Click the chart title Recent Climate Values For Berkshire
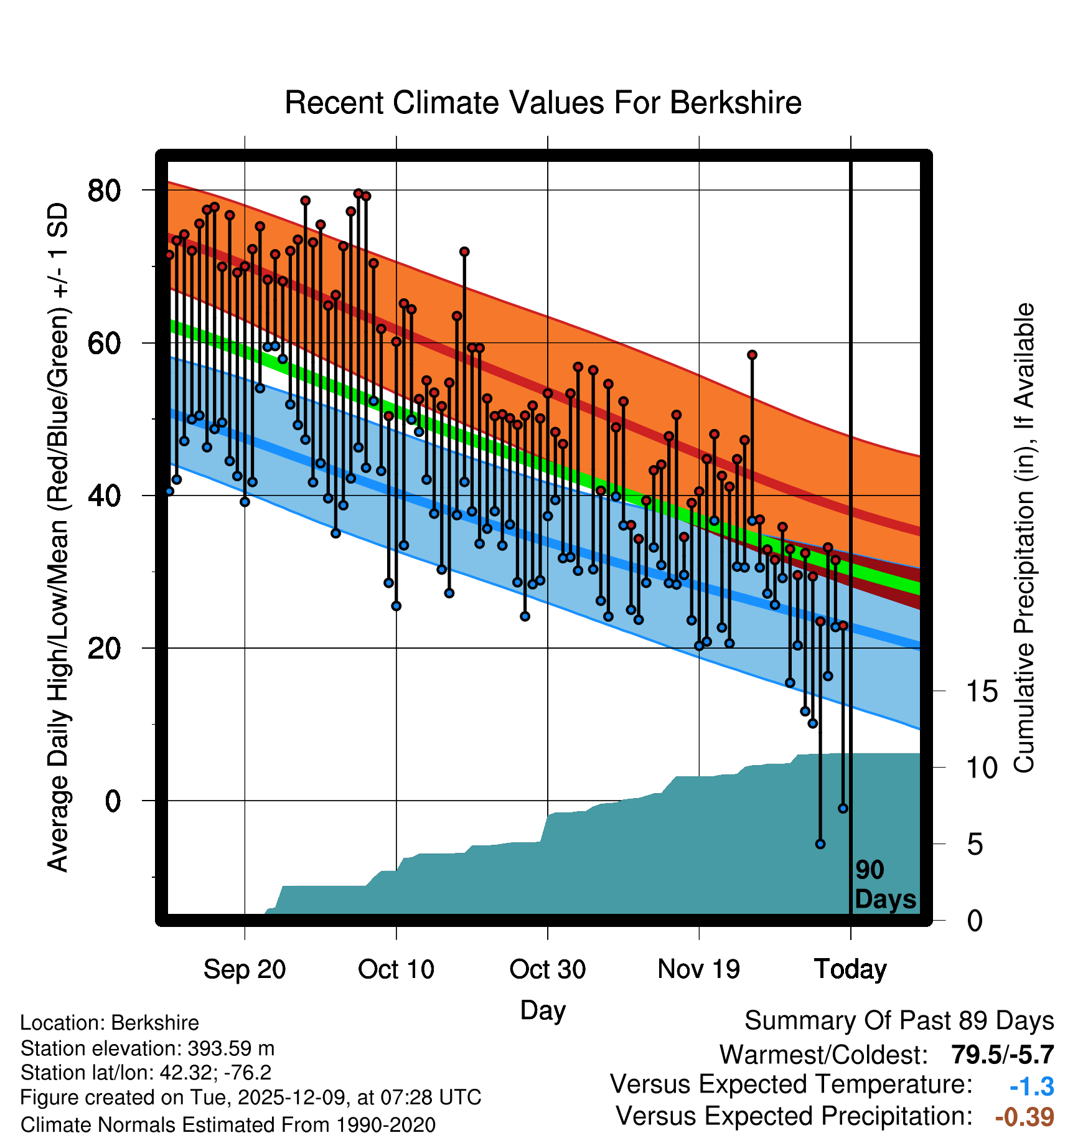point(543,103)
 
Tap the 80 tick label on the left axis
point(104,190)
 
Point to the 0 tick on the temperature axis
point(113,801)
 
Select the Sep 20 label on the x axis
point(245,969)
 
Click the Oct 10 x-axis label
point(396,969)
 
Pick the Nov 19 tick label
point(698,969)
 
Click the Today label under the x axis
point(850,969)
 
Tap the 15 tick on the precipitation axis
point(982,692)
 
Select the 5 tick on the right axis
point(975,845)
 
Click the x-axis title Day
point(543,1010)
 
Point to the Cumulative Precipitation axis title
point(1024,538)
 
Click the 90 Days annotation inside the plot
point(884,885)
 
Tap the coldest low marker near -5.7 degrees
point(820,844)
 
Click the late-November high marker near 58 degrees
point(752,355)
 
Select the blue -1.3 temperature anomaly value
point(1031,1086)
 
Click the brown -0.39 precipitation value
point(1025,1117)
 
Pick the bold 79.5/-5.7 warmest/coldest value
point(1002,1055)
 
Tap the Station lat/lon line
point(146,1073)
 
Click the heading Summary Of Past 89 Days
point(899,1022)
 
